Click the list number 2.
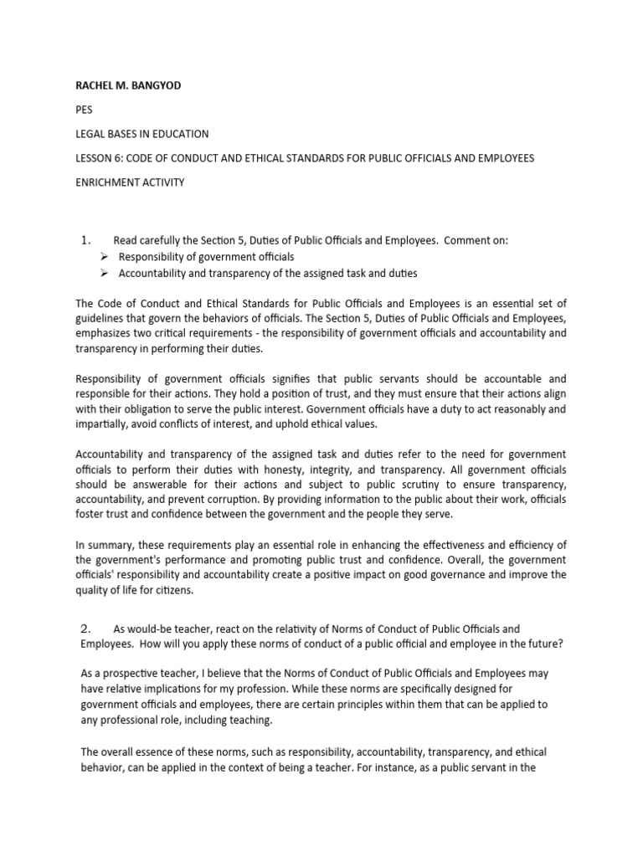click(x=85, y=628)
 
